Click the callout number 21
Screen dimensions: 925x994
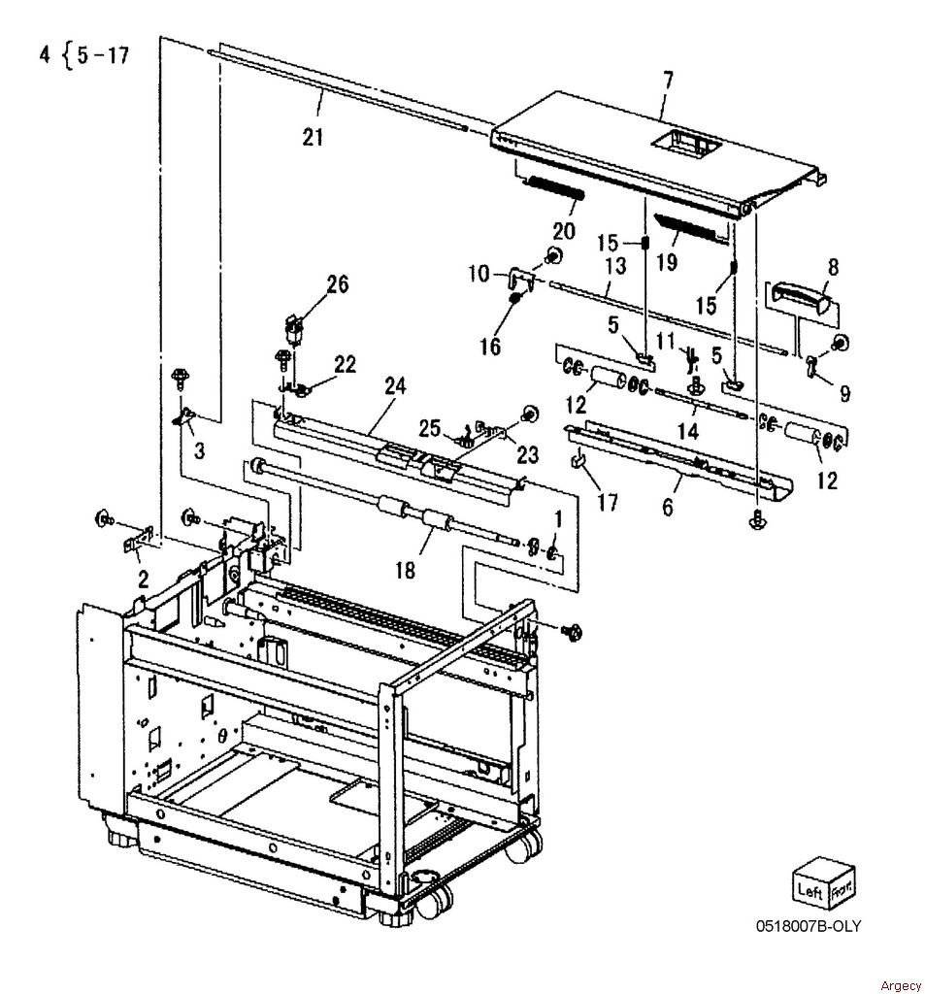pos(313,136)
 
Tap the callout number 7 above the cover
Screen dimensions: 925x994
pos(668,81)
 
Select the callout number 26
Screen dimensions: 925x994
pos(337,283)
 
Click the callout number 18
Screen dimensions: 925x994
pos(405,570)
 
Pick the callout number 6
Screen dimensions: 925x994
pos(667,507)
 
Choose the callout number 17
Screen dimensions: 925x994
pos(608,503)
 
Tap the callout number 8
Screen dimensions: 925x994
pos(833,267)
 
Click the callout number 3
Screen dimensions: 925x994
pos(199,450)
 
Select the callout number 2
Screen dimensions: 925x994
pos(144,579)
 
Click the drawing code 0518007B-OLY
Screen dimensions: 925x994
pos(809,925)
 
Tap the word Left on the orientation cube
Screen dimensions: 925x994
pos(810,890)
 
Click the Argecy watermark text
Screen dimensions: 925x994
pos(901,985)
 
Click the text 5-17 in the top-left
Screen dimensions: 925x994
pos(103,55)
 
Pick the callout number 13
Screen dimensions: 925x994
pos(616,265)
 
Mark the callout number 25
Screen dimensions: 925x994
pos(429,428)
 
